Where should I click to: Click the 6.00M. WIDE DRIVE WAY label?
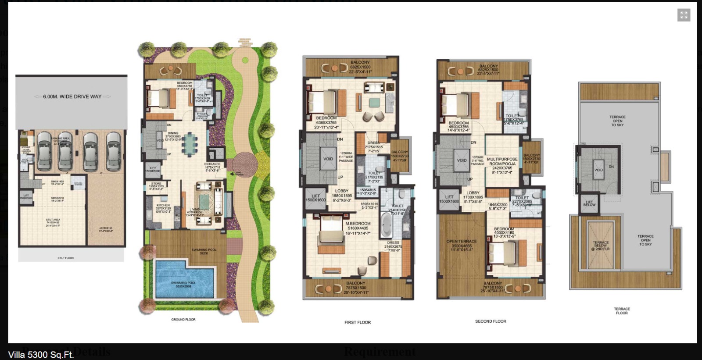click(72, 96)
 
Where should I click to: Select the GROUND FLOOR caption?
click(183, 320)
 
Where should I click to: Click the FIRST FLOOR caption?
click(358, 322)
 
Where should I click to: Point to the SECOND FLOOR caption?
click(491, 321)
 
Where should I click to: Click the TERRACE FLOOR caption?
click(622, 311)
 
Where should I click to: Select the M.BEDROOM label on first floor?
click(358, 224)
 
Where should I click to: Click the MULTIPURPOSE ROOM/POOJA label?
click(502, 161)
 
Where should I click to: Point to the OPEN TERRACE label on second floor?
click(461, 242)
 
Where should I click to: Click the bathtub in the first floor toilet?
click(386, 225)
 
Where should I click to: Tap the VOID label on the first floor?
click(328, 159)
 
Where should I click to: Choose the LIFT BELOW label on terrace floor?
click(589, 204)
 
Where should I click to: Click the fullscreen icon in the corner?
click(684, 15)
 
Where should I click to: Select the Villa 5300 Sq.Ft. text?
click(41, 355)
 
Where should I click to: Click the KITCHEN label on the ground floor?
click(163, 206)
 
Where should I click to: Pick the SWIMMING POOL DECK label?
click(204, 251)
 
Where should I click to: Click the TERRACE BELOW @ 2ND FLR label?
click(600, 245)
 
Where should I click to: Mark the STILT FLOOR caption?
click(66, 258)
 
